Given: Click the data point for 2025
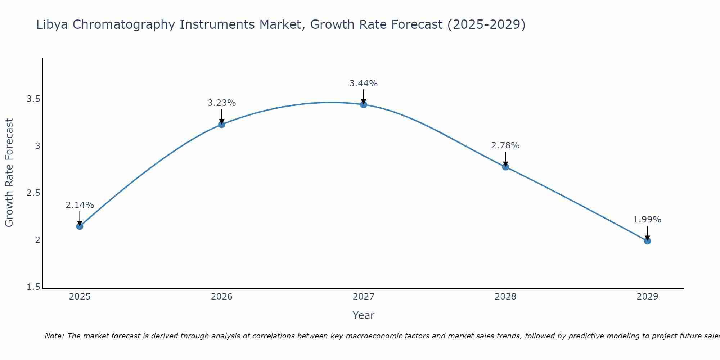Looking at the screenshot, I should (80, 226).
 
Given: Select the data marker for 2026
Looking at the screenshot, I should (221, 124).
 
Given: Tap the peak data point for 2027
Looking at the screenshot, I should (364, 104).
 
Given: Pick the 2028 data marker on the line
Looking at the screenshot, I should (505, 167).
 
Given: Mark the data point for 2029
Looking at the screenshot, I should (647, 241).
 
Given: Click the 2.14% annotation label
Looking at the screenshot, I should (80, 205).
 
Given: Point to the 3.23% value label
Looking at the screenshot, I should (221, 103).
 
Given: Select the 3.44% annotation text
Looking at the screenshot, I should (364, 84).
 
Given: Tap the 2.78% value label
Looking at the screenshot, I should (505, 145).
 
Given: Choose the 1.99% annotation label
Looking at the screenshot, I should (647, 220).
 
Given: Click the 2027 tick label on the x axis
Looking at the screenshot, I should (364, 297).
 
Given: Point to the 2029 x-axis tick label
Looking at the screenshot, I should (647, 297).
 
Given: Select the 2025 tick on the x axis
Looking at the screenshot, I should (80, 297).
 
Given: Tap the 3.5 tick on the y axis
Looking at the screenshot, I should (33, 99).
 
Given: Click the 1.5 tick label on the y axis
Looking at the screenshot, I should (33, 287).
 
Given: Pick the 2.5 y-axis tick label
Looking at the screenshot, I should (33, 193).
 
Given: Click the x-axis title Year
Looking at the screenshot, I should (364, 315).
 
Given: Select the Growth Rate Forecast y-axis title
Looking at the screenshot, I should (9, 173).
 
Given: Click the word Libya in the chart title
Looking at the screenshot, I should (52, 24).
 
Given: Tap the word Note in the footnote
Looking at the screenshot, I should (54, 336).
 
